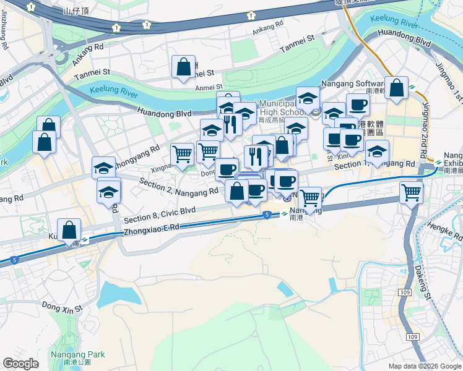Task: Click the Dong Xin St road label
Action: pos(62,306)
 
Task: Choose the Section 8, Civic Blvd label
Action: pos(160,215)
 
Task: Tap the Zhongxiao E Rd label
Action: pos(152,228)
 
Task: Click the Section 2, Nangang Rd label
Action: pos(178,186)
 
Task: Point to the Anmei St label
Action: pos(209,87)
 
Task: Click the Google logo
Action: pos(21,364)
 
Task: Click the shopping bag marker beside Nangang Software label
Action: pos(396,87)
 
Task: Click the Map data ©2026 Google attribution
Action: pos(425,366)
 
